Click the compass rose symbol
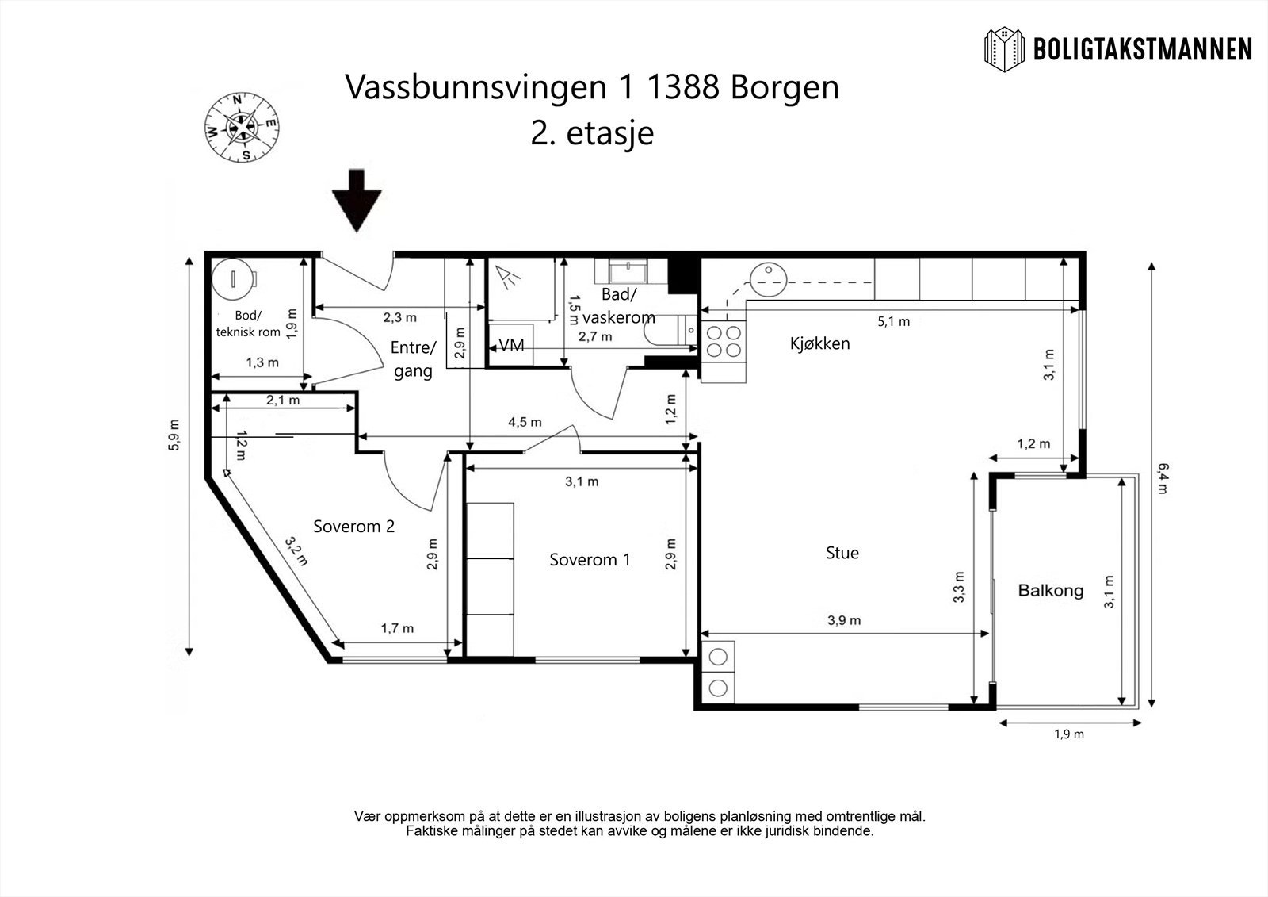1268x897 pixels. (x=242, y=127)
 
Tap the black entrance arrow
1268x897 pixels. (x=357, y=201)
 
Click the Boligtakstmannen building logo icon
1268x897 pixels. (x=1004, y=49)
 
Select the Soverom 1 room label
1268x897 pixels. (x=590, y=560)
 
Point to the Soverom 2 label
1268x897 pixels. (x=353, y=527)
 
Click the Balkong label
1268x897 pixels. (x=1051, y=591)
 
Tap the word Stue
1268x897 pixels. (x=842, y=553)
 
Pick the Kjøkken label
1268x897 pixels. (x=819, y=343)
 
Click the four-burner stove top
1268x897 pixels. (x=724, y=342)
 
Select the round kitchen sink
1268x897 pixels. (x=768, y=279)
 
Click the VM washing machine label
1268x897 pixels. (x=511, y=344)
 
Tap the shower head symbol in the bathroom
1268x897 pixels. (x=508, y=275)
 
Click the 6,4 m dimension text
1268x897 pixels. (x=1162, y=479)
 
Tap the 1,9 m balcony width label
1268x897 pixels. (x=1069, y=734)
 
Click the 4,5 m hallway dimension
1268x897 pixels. (x=525, y=422)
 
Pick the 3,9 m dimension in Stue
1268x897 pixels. (x=844, y=620)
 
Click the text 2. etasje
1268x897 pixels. (x=592, y=133)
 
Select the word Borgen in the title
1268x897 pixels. (x=785, y=88)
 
